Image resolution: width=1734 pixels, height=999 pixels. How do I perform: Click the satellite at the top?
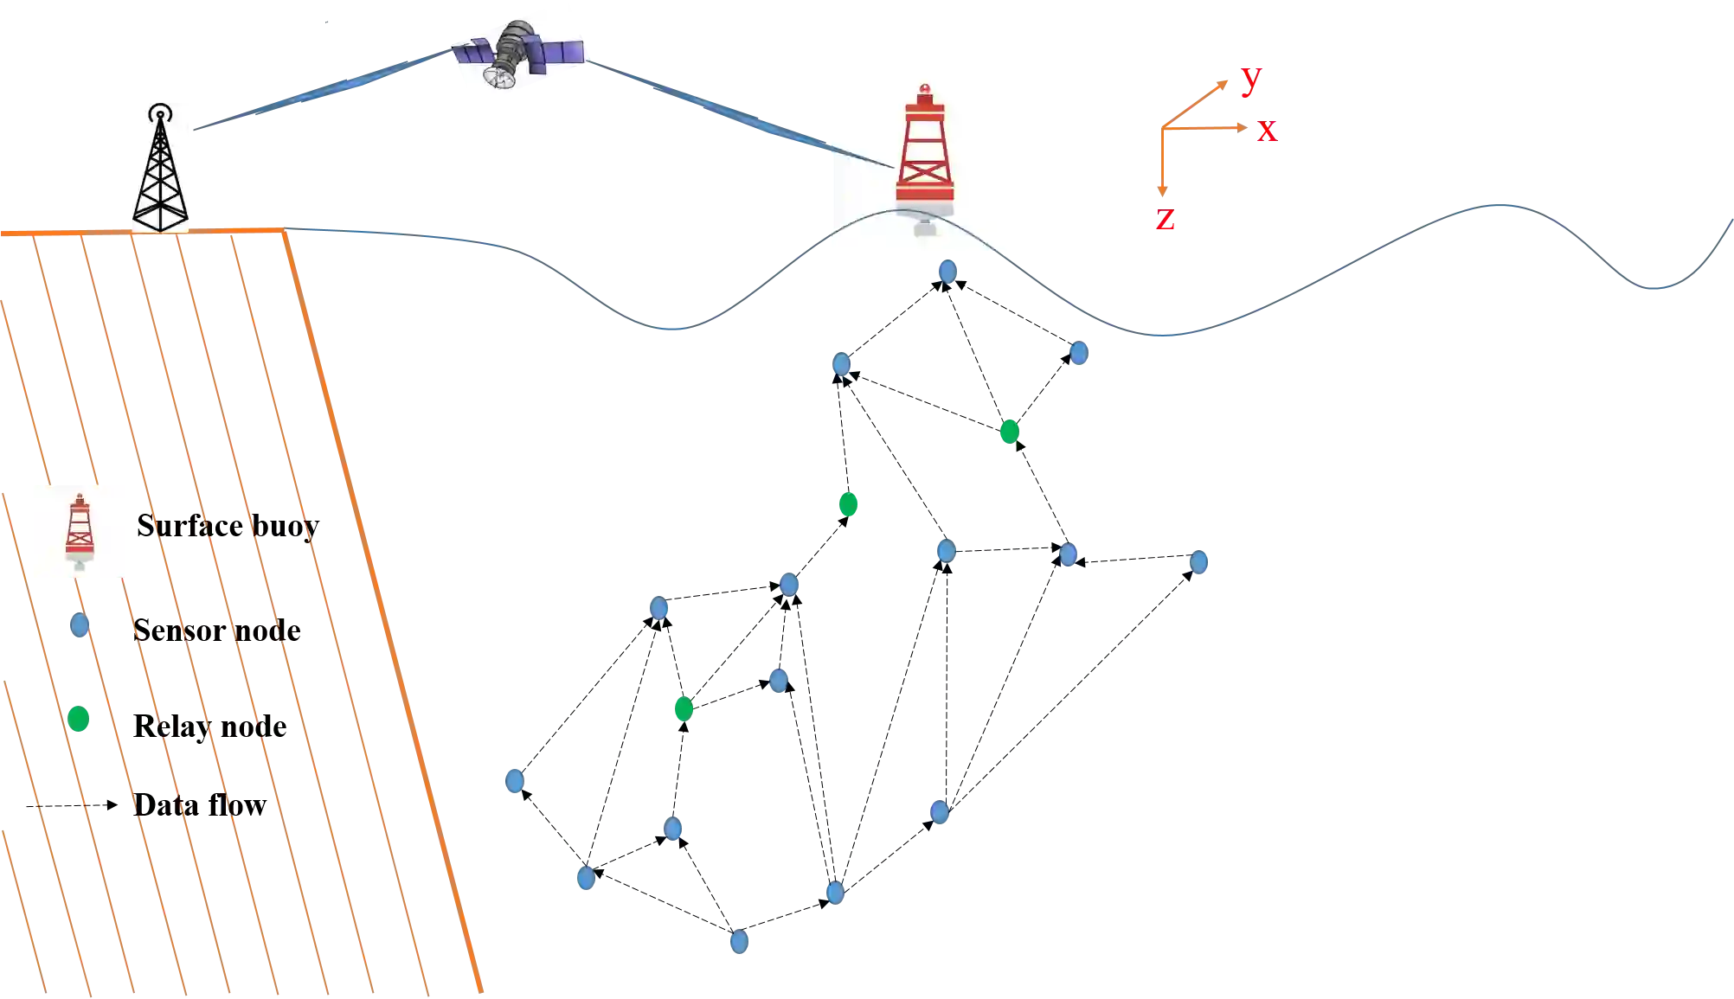[x=517, y=54]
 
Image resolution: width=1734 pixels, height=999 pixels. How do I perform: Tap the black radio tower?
[x=161, y=169]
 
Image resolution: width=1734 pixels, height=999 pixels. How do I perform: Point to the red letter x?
[x=1267, y=130]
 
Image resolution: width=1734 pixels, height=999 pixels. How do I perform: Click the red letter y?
[x=1251, y=78]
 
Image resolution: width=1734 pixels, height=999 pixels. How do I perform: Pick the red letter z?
[x=1166, y=218]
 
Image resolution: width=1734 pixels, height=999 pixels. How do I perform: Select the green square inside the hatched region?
[x=79, y=719]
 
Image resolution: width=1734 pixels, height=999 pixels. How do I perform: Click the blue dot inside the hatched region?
[x=80, y=624]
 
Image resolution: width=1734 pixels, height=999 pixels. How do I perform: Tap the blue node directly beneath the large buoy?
[x=948, y=272]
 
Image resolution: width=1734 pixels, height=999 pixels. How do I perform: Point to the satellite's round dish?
[x=500, y=78]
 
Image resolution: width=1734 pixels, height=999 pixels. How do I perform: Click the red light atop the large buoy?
[x=924, y=88]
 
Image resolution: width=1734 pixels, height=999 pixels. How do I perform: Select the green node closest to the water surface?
[x=1009, y=431]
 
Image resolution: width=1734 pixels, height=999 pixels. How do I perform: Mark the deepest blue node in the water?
[x=740, y=941]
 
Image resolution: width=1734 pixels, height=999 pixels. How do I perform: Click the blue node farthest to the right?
[x=1198, y=562]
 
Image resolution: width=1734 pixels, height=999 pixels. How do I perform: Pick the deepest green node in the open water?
[x=684, y=709]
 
